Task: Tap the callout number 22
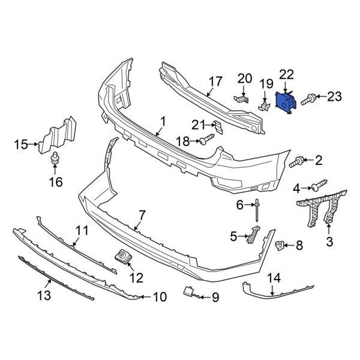286,74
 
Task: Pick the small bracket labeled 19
264,103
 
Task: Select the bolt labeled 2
296,161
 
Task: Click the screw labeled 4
319,185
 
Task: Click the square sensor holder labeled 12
124,256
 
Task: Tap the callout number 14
274,278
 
